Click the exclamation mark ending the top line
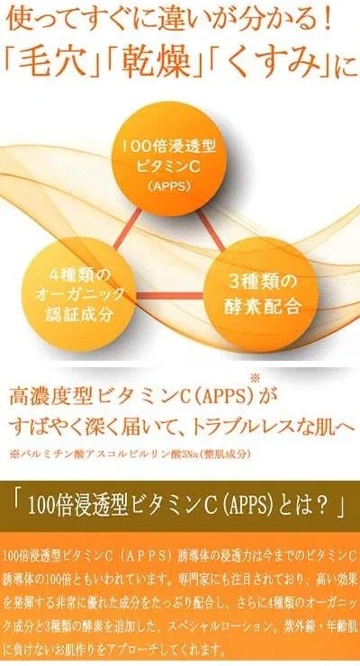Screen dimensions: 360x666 click(326, 22)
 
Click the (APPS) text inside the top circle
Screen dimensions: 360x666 click(169, 186)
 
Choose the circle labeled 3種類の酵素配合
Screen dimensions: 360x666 click(262, 294)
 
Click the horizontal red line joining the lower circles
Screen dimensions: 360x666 click(170, 295)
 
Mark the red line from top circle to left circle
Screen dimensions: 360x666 click(127, 229)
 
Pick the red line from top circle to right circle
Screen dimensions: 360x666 click(211, 229)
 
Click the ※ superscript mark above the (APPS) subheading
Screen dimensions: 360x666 click(255, 377)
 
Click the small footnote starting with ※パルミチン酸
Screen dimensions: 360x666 click(130, 454)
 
